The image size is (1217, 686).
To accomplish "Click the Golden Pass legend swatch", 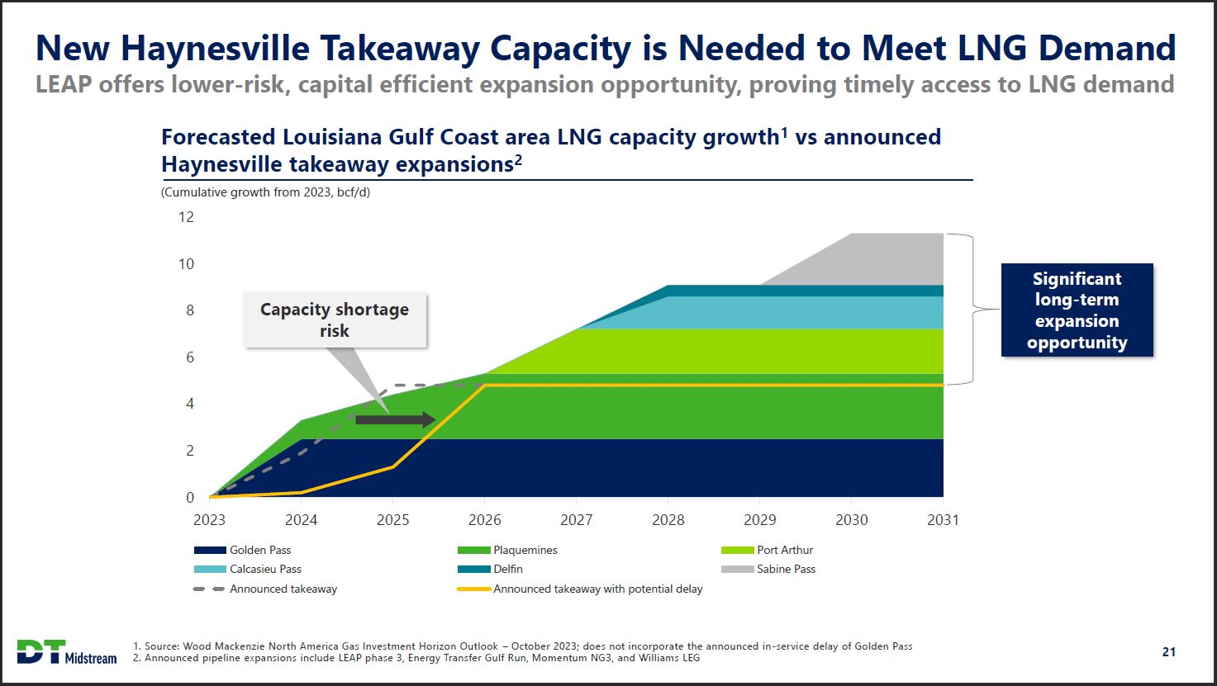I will coord(210,550).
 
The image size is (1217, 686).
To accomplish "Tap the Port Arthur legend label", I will coord(785,550).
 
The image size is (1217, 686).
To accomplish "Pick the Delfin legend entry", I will coord(507,569).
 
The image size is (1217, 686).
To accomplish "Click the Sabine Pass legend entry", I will coord(786,569).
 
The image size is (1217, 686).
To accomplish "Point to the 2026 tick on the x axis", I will coord(484,520).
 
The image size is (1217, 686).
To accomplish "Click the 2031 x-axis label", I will coord(943,520).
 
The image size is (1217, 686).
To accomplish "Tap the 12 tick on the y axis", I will coord(186,217).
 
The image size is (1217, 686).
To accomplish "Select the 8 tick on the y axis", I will coord(189,310).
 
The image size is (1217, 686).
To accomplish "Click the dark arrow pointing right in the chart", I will coord(396,419).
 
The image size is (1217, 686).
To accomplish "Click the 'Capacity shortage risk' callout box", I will coord(335,319).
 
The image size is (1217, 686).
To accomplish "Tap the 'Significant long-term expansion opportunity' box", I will coord(1077,310).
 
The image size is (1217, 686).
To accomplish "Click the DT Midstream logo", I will coord(67,651).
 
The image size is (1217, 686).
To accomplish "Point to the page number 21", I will coord(1168,652).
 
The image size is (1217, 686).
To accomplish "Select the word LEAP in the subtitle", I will coord(64,84).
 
